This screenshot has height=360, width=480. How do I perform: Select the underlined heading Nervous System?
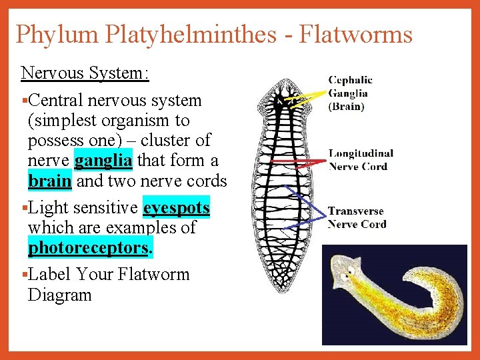(x=85, y=73)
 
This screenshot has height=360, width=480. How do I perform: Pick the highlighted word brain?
(x=50, y=181)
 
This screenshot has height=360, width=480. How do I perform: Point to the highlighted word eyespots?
(x=177, y=208)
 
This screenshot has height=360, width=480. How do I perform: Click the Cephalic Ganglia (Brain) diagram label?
(x=349, y=93)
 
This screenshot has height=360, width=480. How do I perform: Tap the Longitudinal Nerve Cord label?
(x=360, y=159)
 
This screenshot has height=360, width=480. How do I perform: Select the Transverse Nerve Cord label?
(x=357, y=217)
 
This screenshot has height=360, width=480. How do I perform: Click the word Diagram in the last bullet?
(x=59, y=295)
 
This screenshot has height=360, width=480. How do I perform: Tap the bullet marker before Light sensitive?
(x=24, y=208)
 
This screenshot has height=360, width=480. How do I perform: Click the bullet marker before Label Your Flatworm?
(x=24, y=275)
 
